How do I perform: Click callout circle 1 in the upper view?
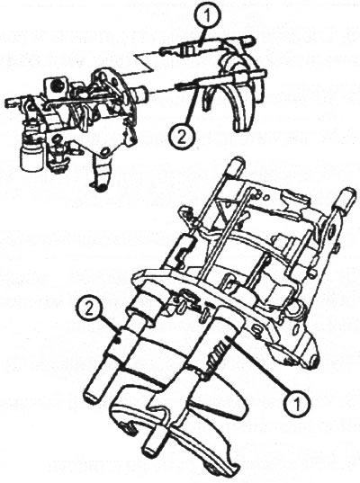click(209, 14)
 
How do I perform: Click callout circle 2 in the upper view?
click(182, 138)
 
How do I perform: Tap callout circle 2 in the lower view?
click(89, 310)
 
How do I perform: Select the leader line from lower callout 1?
click(259, 365)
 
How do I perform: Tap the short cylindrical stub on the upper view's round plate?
click(141, 94)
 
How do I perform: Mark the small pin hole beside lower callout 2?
click(117, 340)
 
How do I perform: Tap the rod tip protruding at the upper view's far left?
click(12, 101)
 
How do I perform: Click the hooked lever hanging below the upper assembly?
click(100, 171)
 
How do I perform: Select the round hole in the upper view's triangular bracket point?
click(104, 151)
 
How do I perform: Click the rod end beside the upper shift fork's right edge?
click(261, 74)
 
